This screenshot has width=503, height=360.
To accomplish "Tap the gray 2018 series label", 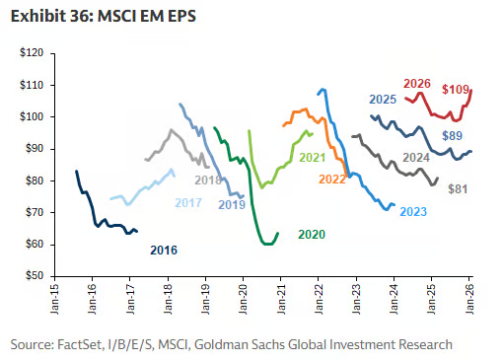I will [x=208, y=180].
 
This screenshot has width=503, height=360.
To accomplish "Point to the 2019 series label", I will [x=232, y=204].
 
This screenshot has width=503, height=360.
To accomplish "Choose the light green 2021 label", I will [x=312, y=158].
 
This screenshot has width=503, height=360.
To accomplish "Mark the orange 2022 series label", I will [x=331, y=179].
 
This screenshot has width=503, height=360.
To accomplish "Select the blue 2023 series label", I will [x=413, y=211].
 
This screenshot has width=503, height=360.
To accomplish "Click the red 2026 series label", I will [x=416, y=84].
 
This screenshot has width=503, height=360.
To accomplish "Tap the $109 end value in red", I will [x=455, y=90].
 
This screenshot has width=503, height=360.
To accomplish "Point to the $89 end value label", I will [x=453, y=135].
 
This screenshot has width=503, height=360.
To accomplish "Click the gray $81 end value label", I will [x=458, y=188].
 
